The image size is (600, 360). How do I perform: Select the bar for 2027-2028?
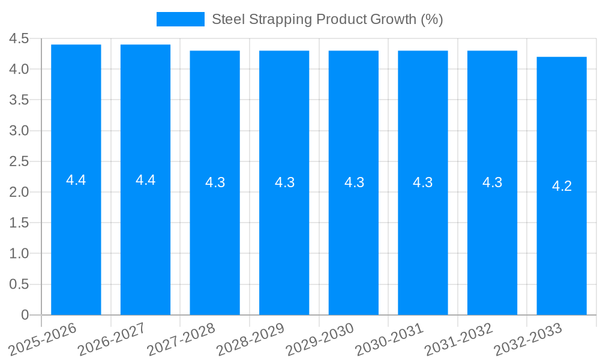215,240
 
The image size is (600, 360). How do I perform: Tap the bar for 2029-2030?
353,240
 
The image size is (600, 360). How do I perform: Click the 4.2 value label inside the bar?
562,186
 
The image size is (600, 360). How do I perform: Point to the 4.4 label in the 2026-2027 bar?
145,180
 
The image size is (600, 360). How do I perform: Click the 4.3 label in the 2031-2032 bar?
492,182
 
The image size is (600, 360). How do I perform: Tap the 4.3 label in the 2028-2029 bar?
284,182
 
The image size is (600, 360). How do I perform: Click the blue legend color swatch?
180,19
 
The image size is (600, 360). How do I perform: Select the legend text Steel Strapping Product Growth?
327,19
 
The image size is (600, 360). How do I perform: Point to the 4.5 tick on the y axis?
19,38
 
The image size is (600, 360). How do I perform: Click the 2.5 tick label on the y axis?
19,161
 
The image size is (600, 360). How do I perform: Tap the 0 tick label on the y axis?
25,315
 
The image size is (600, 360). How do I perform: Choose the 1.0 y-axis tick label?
19,254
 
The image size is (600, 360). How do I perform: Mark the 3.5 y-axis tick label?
19,100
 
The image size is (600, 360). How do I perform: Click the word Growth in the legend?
393,19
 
